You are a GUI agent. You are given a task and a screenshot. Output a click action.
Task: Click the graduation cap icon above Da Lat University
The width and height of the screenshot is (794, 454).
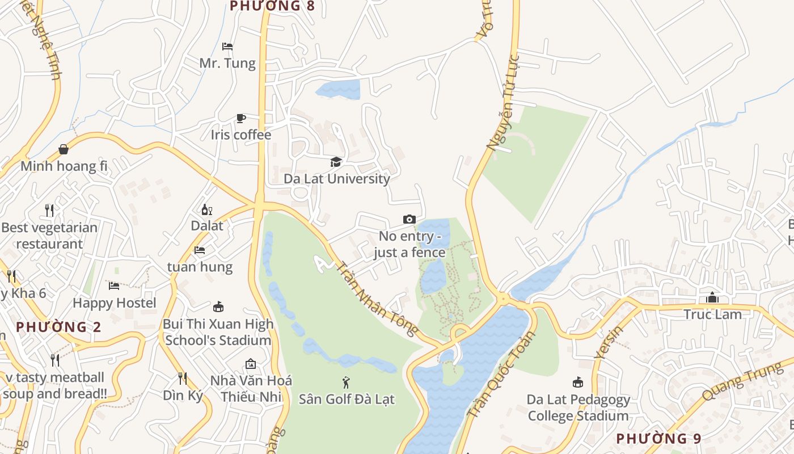[336, 162]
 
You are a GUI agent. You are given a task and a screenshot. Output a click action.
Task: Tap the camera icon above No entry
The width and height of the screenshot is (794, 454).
[409, 220]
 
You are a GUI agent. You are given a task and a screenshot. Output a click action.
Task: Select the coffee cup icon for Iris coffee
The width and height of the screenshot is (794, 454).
[241, 118]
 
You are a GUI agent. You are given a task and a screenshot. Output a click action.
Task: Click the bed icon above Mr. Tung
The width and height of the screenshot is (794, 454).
[227, 47]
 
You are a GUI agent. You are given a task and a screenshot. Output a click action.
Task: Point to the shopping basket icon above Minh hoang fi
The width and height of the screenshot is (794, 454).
[64, 149]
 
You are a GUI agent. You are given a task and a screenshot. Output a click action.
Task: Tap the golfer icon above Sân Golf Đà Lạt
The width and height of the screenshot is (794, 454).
[346, 382]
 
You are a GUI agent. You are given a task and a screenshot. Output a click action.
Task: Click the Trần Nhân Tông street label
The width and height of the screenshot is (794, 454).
[377, 299]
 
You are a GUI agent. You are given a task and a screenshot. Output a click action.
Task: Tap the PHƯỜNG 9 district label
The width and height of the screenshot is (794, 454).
[658, 439]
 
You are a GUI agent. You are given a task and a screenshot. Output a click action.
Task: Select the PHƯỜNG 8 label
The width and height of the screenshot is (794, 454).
[272, 6]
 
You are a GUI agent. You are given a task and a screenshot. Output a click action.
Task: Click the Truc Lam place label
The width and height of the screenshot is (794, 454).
[712, 314]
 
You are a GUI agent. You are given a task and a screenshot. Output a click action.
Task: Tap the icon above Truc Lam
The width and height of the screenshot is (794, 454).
[712, 297]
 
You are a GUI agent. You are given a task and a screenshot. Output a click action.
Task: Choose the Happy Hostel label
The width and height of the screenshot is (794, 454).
[115, 303]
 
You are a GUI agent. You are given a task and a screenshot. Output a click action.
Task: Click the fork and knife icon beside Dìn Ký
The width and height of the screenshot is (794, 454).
[182, 378]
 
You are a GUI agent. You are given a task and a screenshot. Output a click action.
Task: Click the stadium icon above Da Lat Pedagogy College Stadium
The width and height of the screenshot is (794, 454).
[578, 382]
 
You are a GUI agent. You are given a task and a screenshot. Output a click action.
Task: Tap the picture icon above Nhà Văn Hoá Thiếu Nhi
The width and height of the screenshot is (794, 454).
[251, 363]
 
